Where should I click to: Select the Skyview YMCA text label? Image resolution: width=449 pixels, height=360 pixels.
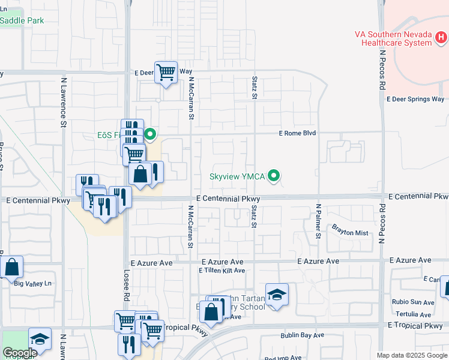(x=237, y=176)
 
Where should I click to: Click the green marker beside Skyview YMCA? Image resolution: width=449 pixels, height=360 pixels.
(x=274, y=176)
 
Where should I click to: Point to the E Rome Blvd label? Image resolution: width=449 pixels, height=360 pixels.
(x=297, y=133)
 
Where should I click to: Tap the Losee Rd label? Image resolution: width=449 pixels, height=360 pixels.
(x=127, y=287)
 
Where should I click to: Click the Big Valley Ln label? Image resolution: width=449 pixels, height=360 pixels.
(x=34, y=283)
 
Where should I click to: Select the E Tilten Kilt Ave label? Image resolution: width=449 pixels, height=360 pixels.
(x=222, y=271)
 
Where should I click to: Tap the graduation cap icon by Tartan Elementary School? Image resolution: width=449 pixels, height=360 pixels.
(x=277, y=295)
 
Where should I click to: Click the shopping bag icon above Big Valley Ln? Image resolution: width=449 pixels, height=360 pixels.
(x=11, y=266)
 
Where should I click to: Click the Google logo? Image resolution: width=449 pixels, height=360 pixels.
(x=20, y=353)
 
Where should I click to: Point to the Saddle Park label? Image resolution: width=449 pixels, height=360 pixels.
(x=22, y=20)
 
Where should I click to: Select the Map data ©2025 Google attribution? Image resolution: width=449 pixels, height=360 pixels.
(x=412, y=355)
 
